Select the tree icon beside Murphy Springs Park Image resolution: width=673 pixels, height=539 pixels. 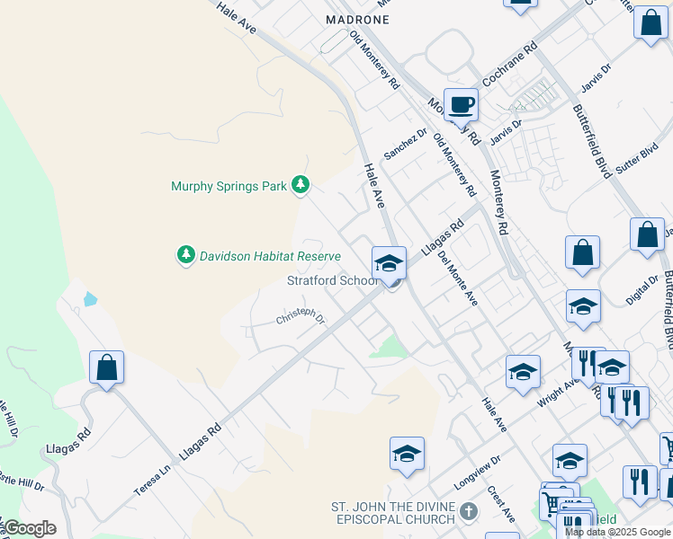tap(301, 186)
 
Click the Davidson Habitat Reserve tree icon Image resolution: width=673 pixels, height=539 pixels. tap(186, 255)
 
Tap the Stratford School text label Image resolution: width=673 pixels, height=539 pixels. tap(332, 280)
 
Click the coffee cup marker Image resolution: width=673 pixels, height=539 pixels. tap(461, 105)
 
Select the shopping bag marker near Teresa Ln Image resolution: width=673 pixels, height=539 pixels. tap(106, 367)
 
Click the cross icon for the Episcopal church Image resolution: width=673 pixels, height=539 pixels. tap(467, 512)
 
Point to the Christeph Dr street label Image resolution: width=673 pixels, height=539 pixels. tap(300, 315)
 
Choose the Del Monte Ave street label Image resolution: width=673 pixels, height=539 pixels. tap(458, 278)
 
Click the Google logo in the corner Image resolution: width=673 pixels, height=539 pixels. tap(29, 528)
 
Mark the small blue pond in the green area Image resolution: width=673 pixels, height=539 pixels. tap(89, 299)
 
